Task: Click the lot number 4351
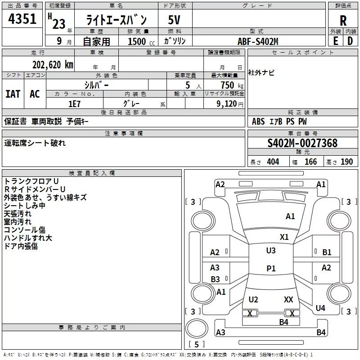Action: coord(22,18)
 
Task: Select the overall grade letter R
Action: coord(343,21)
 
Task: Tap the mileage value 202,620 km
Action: coord(53,65)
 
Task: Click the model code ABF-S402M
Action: coord(258,41)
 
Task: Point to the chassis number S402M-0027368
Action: coord(302,143)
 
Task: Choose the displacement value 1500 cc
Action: coord(141,41)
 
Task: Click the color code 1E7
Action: coord(74,104)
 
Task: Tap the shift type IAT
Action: coord(13,94)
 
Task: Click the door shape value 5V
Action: coord(174,20)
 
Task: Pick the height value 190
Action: coord(346,162)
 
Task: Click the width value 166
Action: coord(310,162)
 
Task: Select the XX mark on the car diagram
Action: coord(288,299)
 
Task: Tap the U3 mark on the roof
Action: coord(271,251)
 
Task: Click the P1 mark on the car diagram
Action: coord(271,268)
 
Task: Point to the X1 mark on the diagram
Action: coord(284,237)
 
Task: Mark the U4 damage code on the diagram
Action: coord(320,308)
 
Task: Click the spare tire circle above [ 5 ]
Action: coord(197,328)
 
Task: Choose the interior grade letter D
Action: coord(350,41)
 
